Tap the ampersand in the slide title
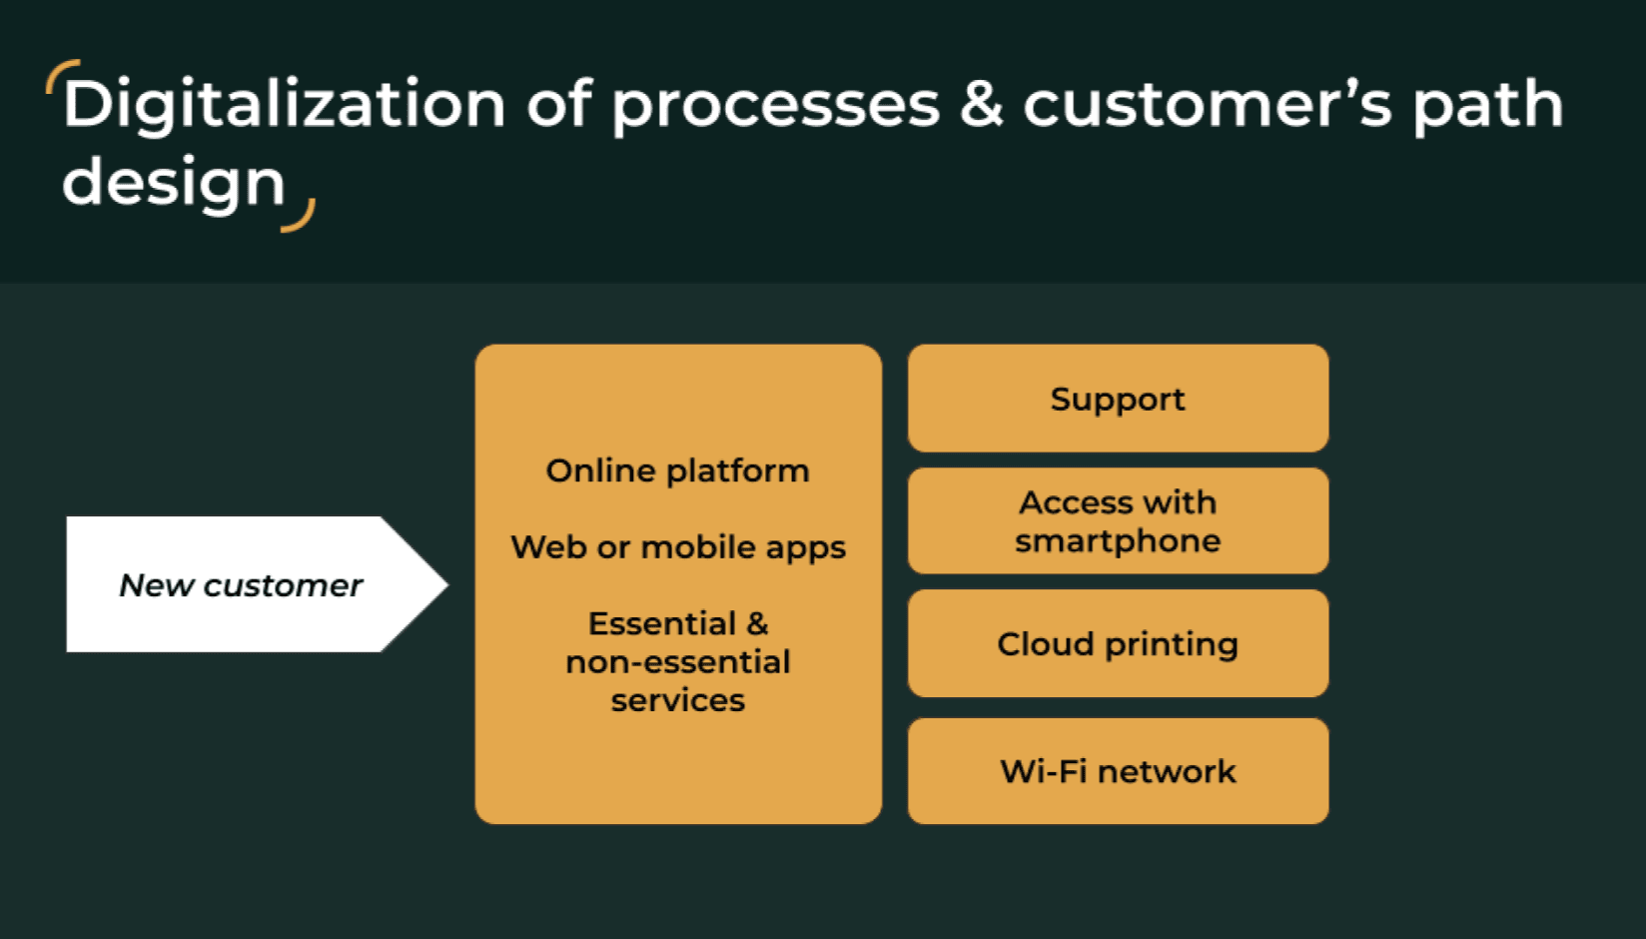coord(981,104)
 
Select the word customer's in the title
coord(1207,106)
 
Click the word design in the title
coord(174,184)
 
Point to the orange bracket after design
coord(300,217)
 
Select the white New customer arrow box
coord(240,584)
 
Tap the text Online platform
coord(677,470)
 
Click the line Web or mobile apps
coord(677,547)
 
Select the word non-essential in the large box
coord(677,662)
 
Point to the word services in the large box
coord(677,700)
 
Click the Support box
coord(1117,399)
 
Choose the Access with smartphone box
coord(1117,520)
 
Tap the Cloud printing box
coord(1117,644)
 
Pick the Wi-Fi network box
coord(1117,771)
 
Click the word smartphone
coord(1117,541)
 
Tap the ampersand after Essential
coord(757,623)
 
